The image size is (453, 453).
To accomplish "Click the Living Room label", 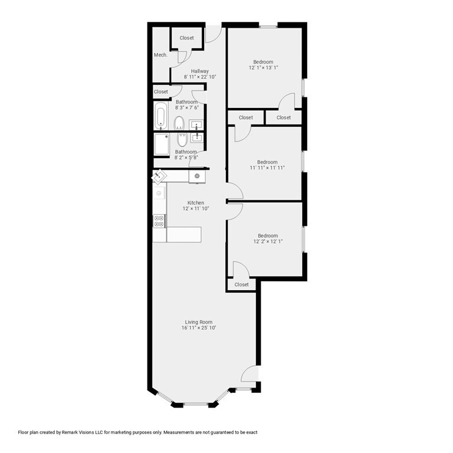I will [x=199, y=322].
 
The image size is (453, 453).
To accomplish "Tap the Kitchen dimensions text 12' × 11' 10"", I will [x=196, y=209].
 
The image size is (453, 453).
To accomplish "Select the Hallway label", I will [x=200, y=71].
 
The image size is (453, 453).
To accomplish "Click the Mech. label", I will [x=160, y=55].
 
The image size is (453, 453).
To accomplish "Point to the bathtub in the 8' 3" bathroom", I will [x=162, y=116].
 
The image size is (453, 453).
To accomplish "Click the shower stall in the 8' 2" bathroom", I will [x=162, y=144].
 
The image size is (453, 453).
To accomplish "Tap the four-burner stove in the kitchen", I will [x=159, y=221].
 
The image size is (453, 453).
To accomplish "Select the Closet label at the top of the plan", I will [x=186, y=38].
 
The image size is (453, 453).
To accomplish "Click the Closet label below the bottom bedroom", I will [x=242, y=285].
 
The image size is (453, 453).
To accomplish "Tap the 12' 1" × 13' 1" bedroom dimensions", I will [x=263, y=68].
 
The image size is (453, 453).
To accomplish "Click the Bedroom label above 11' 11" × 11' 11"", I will [x=267, y=162].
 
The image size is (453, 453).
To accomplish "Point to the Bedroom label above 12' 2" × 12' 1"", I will [x=267, y=236].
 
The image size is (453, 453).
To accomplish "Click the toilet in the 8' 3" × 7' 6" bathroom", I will [x=179, y=123].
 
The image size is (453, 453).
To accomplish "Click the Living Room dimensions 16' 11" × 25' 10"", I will [x=199, y=328].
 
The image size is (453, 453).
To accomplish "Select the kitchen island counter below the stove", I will [x=184, y=234].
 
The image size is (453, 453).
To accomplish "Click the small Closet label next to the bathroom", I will [x=161, y=92].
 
